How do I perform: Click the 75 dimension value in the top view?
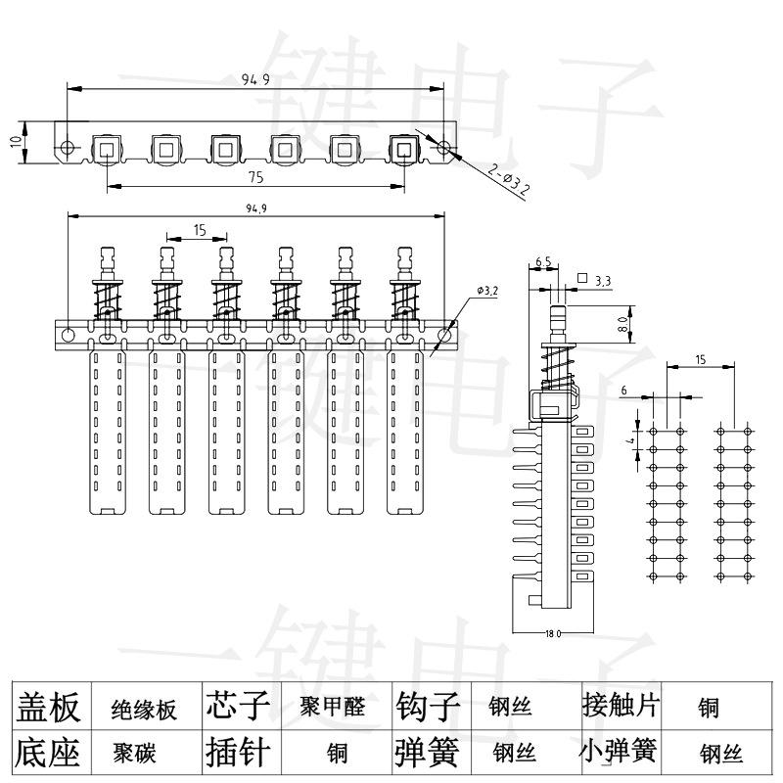pos(255,177)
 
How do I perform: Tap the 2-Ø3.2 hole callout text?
pos(508,180)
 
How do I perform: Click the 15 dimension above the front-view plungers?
pos(199,230)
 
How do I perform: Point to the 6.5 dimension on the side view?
pos(543,262)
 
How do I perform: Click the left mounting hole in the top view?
pos(67,149)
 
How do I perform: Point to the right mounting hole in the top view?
pos(445,149)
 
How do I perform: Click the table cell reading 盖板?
pos(48,707)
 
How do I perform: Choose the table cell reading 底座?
pos(48,753)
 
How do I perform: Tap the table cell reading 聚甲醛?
pos(333,707)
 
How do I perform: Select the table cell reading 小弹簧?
pos(619,752)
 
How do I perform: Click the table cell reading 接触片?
pos(619,706)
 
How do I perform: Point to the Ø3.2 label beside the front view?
pos(487,291)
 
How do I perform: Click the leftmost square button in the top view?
pos(106,149)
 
